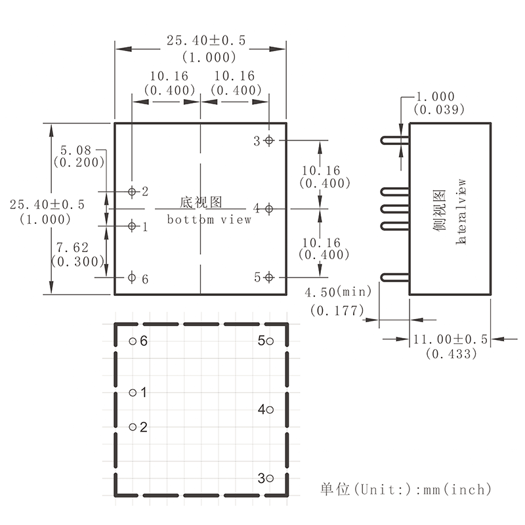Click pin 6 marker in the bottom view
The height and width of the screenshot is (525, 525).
(132, 278)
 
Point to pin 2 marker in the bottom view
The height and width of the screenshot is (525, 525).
(132, 192)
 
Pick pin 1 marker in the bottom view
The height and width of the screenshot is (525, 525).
(132, 226)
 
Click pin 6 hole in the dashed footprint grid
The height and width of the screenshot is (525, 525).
(133, 341)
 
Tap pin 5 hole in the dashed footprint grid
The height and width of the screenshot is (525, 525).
(269, 341)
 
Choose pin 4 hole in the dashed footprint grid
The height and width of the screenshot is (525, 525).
(269, 409)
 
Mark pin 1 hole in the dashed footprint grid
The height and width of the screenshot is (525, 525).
(133, 392)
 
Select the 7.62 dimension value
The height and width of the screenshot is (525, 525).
(73, 247)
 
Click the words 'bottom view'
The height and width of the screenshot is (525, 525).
(209, 220)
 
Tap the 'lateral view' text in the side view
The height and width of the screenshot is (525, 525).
(461, 211)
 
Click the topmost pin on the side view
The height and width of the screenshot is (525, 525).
(394, 140)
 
